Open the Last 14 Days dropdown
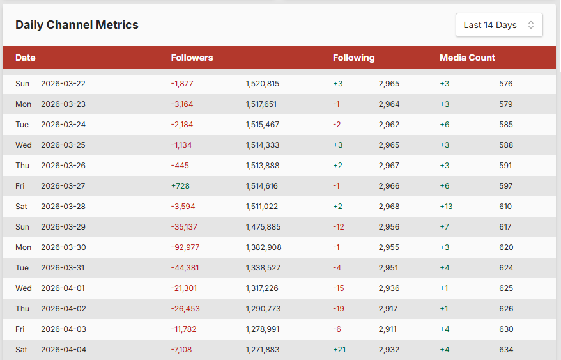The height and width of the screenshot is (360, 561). point(499,25)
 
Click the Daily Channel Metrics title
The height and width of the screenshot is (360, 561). point(77,25)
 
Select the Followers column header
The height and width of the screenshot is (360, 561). point(192,58)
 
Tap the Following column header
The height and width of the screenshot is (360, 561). point(353,58)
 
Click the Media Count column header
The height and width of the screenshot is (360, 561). point(467,58)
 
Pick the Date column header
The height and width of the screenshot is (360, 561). point(26,58)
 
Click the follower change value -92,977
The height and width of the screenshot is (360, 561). point(185,247)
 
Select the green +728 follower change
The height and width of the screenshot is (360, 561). point(180,186)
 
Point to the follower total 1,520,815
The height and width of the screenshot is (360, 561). point(262,84)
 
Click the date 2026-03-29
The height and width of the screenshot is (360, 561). point(63,227)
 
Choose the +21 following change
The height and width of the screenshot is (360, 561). point(339,350)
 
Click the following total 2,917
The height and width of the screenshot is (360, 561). point(389,309)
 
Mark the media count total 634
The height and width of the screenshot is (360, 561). point(506,350)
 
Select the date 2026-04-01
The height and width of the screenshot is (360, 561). point(63,288)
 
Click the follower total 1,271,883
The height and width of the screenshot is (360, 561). point(262,350)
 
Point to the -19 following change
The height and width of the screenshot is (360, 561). point(339,309)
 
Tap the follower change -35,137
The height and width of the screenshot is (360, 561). point(185,227)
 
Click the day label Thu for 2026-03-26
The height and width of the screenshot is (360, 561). point(22,166)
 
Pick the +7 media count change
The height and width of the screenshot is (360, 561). point(445,227)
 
